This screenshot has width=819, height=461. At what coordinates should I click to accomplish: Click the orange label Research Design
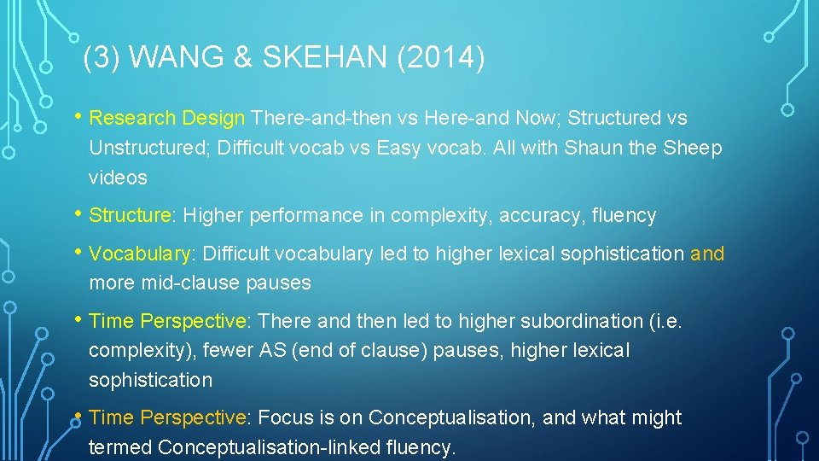pos(167,118)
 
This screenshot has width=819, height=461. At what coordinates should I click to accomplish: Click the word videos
pos(118,178)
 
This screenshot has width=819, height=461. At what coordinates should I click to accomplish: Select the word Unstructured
pos(149,148)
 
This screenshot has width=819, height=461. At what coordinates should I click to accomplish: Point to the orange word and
pos(707,254)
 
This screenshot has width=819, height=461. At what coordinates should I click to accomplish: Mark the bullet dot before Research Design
pos(78,116)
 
